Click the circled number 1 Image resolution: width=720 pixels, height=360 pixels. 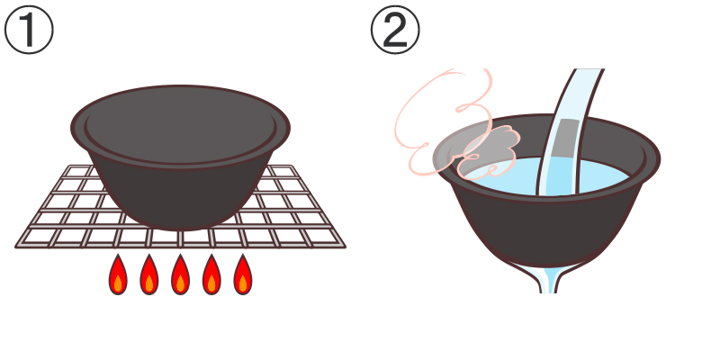29,30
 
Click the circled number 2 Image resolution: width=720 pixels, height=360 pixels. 395,30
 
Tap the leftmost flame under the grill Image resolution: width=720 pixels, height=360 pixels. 118,274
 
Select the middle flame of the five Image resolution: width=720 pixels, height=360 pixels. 181,274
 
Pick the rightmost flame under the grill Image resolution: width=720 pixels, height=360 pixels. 242,274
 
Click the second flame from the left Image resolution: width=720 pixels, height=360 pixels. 149,274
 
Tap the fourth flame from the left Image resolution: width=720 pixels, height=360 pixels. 211,274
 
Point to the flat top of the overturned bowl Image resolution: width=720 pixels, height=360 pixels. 181,125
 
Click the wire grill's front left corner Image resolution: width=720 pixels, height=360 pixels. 16,247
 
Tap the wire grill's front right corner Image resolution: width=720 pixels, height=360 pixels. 345,247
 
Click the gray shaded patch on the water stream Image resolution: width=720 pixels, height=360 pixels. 565,139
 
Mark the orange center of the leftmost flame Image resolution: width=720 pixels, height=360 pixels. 118,283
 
